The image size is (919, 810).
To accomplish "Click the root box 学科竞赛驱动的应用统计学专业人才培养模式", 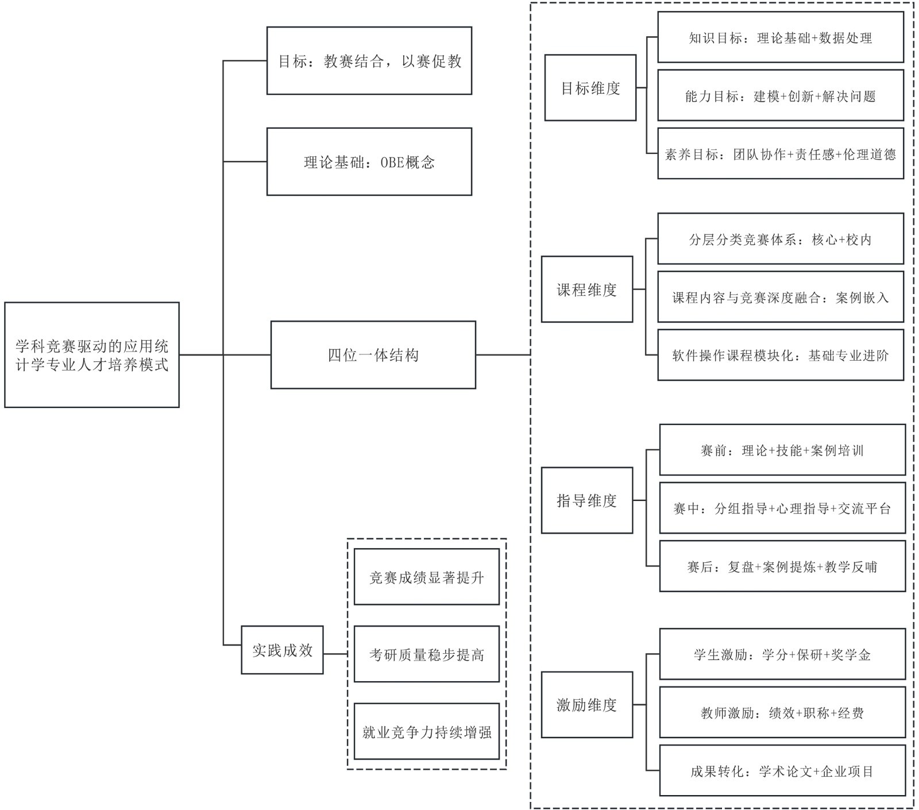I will pyautogui.click(x=92, y=355).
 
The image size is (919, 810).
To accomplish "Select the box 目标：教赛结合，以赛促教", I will pyautogui.click(x=369, y=61).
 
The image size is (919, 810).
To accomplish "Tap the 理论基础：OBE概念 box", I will pyautogui.click(x=369, y=162).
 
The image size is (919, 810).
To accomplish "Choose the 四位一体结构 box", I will pyautogui.click(x=373, y=355).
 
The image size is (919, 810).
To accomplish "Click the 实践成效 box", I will pyautogui.click(x=282, y=650).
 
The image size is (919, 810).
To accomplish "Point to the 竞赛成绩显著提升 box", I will pyautogui.click(x=427, y=577).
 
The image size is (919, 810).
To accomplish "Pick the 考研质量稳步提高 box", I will pyautogui.click(x=427, y=654).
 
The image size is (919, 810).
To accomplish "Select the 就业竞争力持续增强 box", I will pyautogui.click(x=427, y=732).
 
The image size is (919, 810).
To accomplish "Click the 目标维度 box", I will pyautogui.click(x=590, y=88).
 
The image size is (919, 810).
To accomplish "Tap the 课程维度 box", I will pyautogui.click(x=587, y=290).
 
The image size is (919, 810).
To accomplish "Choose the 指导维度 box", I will pyautogui.click(x=587, y=500).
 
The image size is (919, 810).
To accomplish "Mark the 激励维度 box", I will pyautogui.click(x=587, y=705).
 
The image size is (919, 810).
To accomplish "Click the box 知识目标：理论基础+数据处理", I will pyautogui.click(x=781, y=38).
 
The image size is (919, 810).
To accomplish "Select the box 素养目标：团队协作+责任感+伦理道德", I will pyautogui.click(x=781, y=154).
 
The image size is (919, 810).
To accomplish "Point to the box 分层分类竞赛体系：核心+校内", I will pyautogui.click(x=781, y=239).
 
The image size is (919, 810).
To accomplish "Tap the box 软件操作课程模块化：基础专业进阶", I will pyautogui.click(x=781, y=355).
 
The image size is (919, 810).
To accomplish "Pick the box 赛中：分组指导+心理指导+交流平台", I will pyautogui.click(x=782, y=508).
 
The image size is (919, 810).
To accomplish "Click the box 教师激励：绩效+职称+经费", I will pyautogui.click(x=782, y=712).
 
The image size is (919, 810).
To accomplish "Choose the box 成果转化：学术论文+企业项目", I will pyautogui.click(x=782, y=771).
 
